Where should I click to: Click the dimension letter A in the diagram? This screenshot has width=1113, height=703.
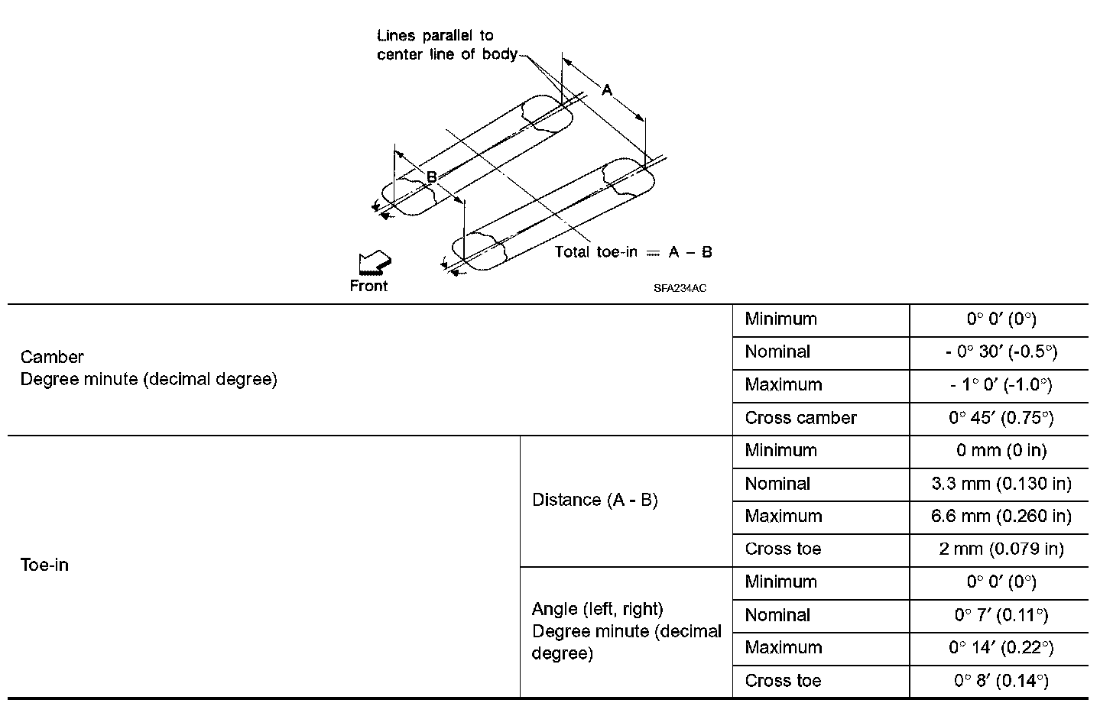click(x=607, y=91)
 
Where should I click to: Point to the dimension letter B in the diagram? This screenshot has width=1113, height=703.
click(x=431, y=177)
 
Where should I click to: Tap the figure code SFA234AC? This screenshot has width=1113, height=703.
click(x=680, y=289)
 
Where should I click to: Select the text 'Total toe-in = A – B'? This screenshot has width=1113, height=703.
click(x=633, y=252)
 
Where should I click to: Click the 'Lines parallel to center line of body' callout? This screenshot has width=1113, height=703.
click(x=446, y=45)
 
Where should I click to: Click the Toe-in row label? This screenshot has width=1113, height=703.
click(x=44, y=565)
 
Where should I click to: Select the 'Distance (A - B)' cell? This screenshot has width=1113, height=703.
click(x=595, y=500)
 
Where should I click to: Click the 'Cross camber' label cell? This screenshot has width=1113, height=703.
click(x=800, y=418)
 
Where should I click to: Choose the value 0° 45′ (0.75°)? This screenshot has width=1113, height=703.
click(x=1001, y=418)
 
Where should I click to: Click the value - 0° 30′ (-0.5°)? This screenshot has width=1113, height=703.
click(x=1001, y=352)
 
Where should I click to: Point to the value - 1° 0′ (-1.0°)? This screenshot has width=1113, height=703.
click(x=1001, y=385)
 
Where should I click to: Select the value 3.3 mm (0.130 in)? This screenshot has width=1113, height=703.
click(x=1001, y=484)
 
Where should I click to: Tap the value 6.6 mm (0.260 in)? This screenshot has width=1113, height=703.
click(x=1001, y=517)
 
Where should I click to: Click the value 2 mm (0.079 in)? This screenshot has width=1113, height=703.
click(x=1001, y=549)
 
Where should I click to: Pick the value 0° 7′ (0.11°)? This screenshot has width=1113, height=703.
click(x=1001, y=615)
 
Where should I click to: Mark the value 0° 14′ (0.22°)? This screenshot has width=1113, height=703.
click(x=1001, y=648)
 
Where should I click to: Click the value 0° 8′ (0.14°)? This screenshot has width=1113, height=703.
click(x=1001, y=681)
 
